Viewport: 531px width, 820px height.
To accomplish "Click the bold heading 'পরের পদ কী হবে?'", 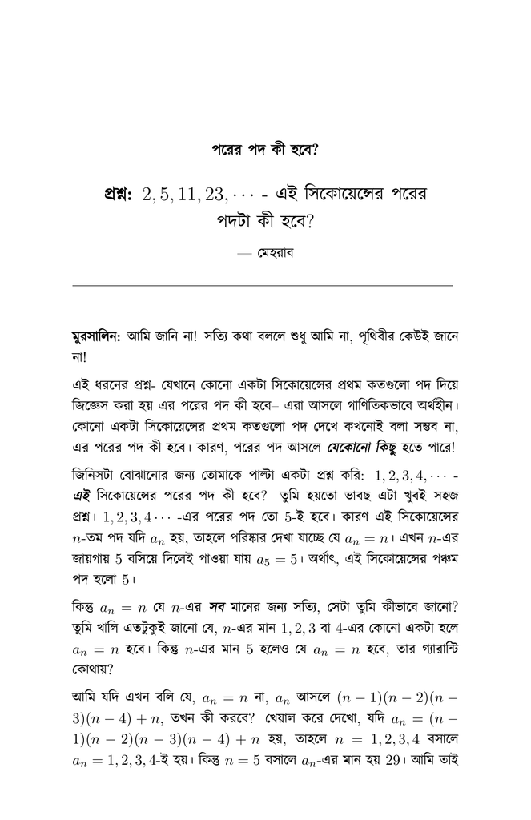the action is [x=265, y=149].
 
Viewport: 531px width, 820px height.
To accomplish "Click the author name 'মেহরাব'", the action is [x=278, y=254].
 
